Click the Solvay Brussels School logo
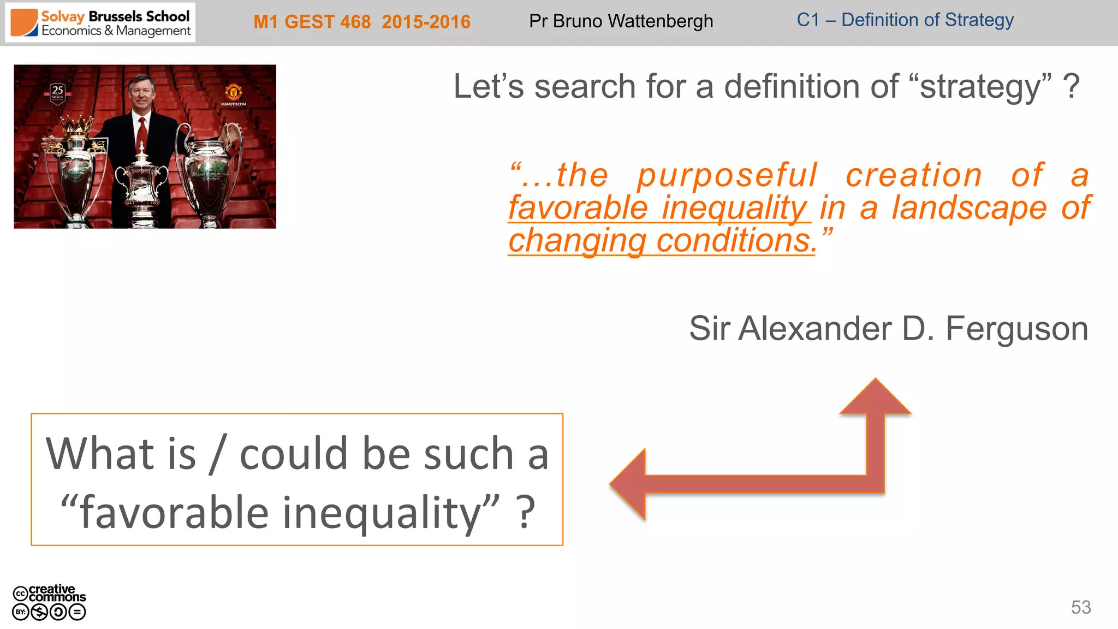tap(100, 23)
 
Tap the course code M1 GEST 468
tap(312, 22)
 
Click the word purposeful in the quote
tap(727, 175)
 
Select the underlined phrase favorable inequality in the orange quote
tap(659, 208)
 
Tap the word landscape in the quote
tap(970, 208)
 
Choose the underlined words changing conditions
tap(662, 241)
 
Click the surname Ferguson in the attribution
tap(1016, 329)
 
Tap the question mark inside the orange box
tap(526, 512)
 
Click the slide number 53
tap(1080, 607)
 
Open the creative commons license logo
tap(49, 602)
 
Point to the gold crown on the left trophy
tap(76, 125)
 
